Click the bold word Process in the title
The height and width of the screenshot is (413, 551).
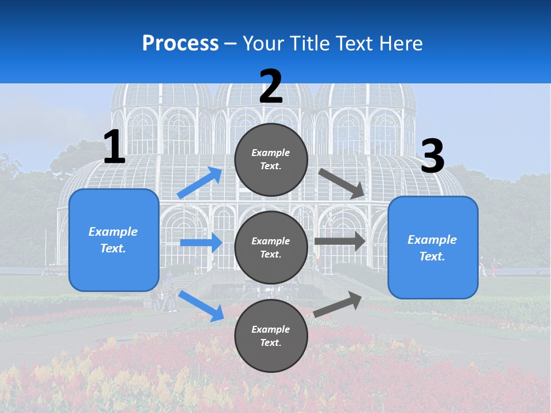[180, 43]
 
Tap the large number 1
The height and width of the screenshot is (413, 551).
[114, 147]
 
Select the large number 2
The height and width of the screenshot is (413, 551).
[271, 87]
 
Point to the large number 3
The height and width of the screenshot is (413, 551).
[432, 157]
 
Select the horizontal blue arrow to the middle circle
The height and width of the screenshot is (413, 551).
[201, 243]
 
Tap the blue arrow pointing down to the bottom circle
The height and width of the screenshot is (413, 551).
[201, 306]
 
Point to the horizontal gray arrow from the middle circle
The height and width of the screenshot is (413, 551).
[340, 241]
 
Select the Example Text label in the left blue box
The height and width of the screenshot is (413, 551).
[113, 240]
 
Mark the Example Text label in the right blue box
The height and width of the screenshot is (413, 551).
[432, 248]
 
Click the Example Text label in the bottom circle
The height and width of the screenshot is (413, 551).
[271, 336]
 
